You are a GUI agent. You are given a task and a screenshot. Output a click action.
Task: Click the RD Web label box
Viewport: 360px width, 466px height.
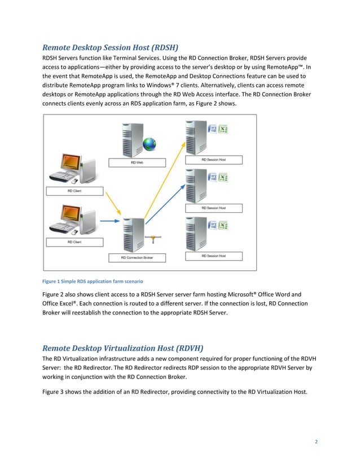[x=137, y=162]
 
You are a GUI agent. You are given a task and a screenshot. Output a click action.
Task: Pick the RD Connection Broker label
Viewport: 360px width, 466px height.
[x=137, y=258]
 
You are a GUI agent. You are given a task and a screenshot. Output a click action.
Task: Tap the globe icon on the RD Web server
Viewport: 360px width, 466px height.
[x=150, y=144]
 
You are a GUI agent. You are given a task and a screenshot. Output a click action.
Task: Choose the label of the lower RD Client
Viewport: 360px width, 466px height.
[x=73, y=242]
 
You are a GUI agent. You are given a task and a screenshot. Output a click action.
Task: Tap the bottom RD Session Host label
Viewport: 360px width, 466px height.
[x=214, y=256]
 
